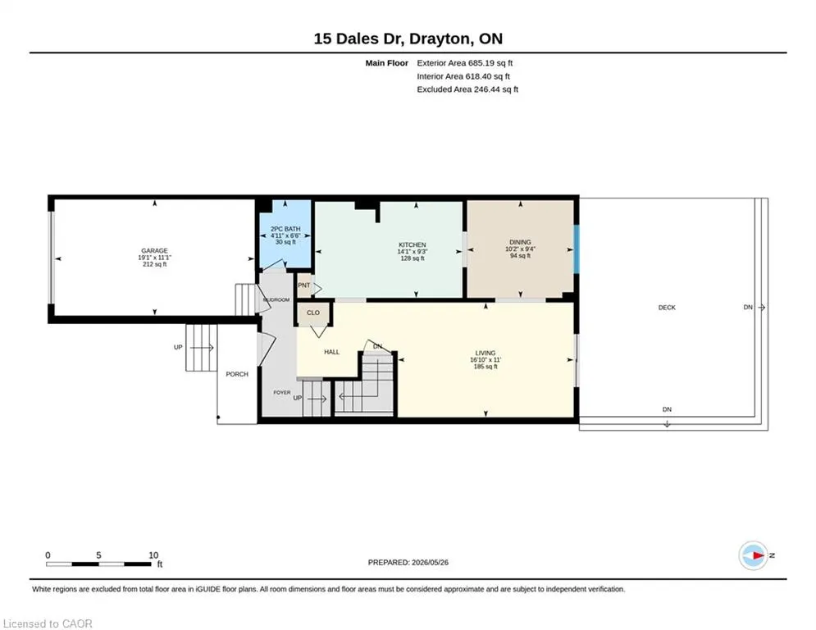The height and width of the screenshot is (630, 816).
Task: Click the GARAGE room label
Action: point(154,251)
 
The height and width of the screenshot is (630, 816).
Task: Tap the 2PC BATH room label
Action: point(285,229)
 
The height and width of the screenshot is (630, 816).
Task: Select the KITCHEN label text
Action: point(413,244)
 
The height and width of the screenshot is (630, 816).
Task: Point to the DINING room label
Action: point(520,242)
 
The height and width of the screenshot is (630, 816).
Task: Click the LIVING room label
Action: point(485,353)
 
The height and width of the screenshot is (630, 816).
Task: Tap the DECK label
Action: point(667,308)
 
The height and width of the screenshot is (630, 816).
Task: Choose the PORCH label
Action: point(237,374)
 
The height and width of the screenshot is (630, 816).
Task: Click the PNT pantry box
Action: point(304,285)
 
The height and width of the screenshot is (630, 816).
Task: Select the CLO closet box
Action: point(313,313)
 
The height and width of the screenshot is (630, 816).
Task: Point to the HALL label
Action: point(331,352)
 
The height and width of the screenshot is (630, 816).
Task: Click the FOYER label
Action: point(282,393)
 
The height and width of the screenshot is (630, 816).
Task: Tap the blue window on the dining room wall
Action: point(576,249)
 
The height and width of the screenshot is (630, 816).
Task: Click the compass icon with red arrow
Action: point(754,555)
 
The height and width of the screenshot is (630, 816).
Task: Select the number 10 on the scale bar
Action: point(153,555)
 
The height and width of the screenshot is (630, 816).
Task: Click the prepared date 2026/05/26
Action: point(430,562)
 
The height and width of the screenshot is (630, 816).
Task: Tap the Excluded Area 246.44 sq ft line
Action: point(467,89)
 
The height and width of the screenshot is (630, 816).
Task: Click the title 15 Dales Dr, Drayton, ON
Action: point(408,39)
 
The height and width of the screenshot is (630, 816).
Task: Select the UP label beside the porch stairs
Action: point(178,347)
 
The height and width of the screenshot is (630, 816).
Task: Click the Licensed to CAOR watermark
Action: point(48,623)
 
